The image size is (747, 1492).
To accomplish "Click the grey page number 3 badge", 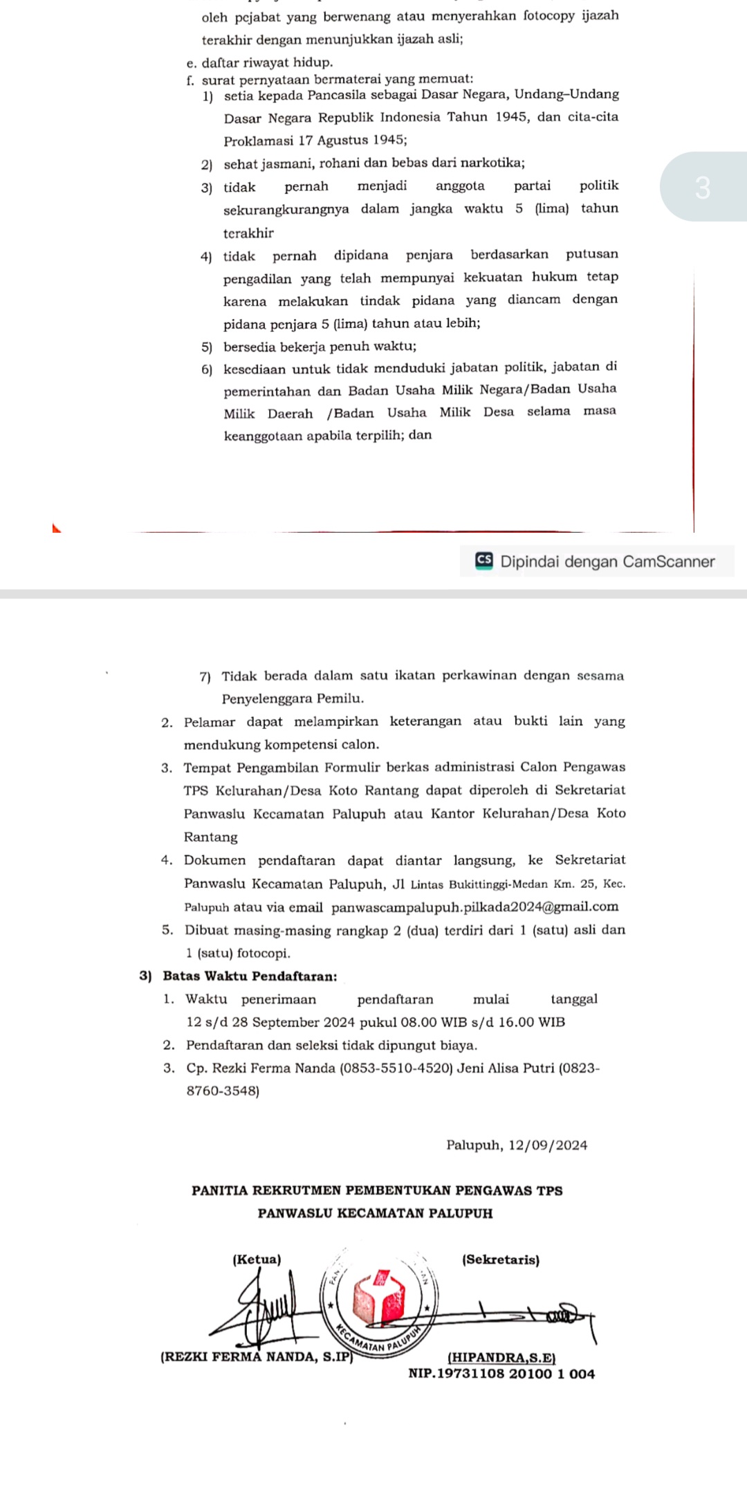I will (703, 187).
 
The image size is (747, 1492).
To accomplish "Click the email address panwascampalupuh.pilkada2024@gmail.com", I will (474, 907).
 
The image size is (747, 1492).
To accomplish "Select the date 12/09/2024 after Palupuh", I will (548, 1145).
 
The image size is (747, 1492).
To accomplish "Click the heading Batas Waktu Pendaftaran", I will (250, 976).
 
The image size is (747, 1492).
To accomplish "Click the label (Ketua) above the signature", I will (257, 1259).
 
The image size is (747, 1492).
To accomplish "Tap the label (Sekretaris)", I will (500, 1259).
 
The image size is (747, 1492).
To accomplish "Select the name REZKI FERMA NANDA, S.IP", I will (257, 1356).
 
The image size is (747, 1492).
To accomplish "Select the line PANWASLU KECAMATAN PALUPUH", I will (375, 1213).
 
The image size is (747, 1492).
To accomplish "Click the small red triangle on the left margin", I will (57, 529).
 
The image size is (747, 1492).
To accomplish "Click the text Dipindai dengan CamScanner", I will (607, 561).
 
